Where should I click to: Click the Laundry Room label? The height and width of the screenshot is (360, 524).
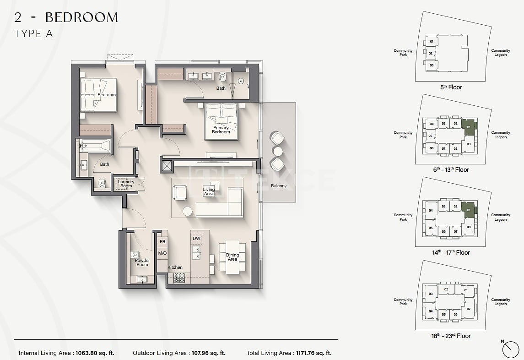coord(126,184)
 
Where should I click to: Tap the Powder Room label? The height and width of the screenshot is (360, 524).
coord(142,262)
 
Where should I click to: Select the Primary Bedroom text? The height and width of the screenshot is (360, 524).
coord(221,130)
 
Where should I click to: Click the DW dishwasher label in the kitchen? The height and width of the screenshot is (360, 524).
coord(196,239)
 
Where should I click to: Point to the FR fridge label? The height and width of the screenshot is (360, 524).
coord(162,241)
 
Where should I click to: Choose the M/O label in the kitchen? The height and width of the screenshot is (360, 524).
coord(162,253)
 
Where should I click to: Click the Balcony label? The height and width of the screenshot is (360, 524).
coord(279,186)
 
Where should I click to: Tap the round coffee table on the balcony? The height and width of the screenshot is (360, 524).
coord(278,151)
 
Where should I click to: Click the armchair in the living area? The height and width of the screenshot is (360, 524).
coord(179,192)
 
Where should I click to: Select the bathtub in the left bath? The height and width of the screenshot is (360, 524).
coord(95,147)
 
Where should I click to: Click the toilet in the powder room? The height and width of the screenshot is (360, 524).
coord(135,255)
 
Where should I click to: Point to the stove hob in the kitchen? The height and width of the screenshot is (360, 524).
coord(179,278)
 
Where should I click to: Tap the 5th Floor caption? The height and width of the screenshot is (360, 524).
coord(451,87)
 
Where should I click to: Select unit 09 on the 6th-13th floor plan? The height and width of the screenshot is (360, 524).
coord(468,144)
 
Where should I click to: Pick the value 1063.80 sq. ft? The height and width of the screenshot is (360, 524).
coord(94,353)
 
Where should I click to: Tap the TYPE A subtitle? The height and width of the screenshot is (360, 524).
coord(33,33)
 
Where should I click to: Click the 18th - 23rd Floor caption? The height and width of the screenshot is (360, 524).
coord(451,336)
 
